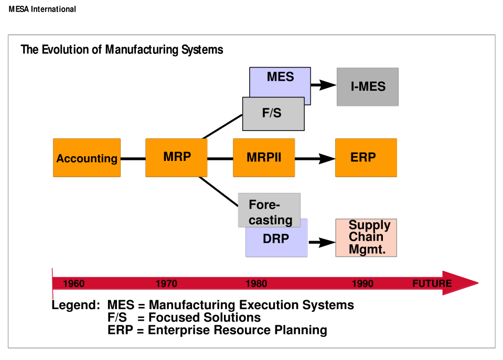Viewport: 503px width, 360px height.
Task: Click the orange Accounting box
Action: coord(87,158)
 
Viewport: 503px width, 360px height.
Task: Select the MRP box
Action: coord(176,157)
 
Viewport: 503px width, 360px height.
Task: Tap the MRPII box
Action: coord(264,157)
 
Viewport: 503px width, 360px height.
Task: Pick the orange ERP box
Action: coord(366,157)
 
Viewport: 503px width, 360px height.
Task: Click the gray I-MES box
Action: coord(367,87)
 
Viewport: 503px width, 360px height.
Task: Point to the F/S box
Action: coord(273,114)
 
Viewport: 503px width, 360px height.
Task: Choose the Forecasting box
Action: coord(269,210)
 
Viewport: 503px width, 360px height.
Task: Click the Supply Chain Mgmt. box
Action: coord(366,237)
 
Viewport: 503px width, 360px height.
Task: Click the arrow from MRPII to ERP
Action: coord(315,158)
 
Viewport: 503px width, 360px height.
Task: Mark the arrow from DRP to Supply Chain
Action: coord(322,242)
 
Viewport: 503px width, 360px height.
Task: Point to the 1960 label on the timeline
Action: coord(73,284)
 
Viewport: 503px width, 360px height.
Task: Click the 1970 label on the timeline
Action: coord(166,284)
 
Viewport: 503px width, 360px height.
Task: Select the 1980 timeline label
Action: coord(256,284)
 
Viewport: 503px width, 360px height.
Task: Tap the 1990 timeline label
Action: coord(362,284)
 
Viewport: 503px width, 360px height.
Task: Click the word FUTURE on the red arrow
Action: coord(432,284)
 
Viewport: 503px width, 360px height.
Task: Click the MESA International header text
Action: coord(42,9)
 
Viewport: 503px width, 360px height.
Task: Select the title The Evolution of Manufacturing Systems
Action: coord(122,50)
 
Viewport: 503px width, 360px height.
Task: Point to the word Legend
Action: coord(75,305)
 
